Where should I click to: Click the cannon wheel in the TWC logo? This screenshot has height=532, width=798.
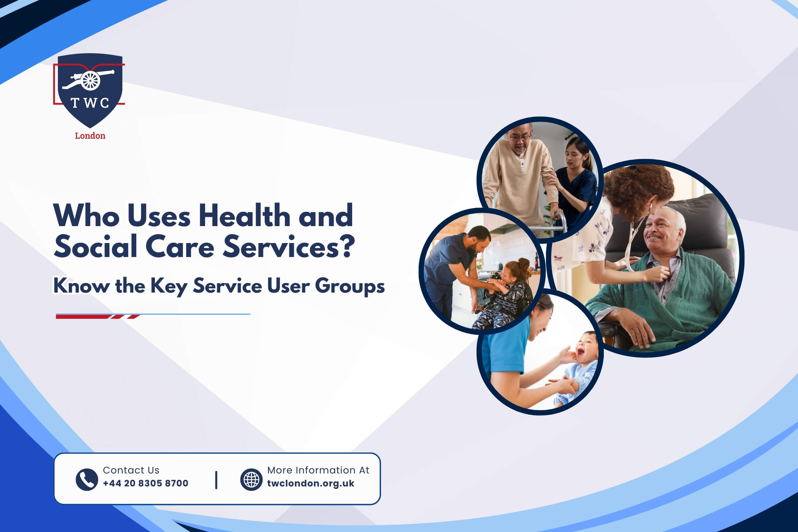pyautogui.click(x=90, y=81)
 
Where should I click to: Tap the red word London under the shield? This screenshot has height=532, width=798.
pyautogui.click(x=90, y=136)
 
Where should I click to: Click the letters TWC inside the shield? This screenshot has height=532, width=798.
pyautogui.click(x=90, y=103)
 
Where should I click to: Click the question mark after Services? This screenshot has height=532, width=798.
pyautogui.click(x=347, y=247)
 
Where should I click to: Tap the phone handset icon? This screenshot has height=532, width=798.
pyautogui.click(x=87, y=479)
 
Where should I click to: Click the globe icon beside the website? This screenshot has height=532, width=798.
pyautogui.click(x=251, y=479)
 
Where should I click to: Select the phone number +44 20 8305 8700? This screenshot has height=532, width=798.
pyautogui.click(x=146, y=483)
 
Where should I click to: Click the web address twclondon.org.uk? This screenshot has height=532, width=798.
pyautogui.click(x=311, y=483)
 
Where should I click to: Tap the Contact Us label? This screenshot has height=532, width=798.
pyautogui.click(x=131, y=470)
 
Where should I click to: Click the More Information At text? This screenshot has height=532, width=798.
pyautogui.click(x=318, y=470)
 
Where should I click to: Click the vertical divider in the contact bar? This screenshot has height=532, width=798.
pyautogui.click(x=216, y=480)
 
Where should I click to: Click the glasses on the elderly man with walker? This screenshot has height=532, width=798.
pyautogui.click(x=519, y=137)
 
